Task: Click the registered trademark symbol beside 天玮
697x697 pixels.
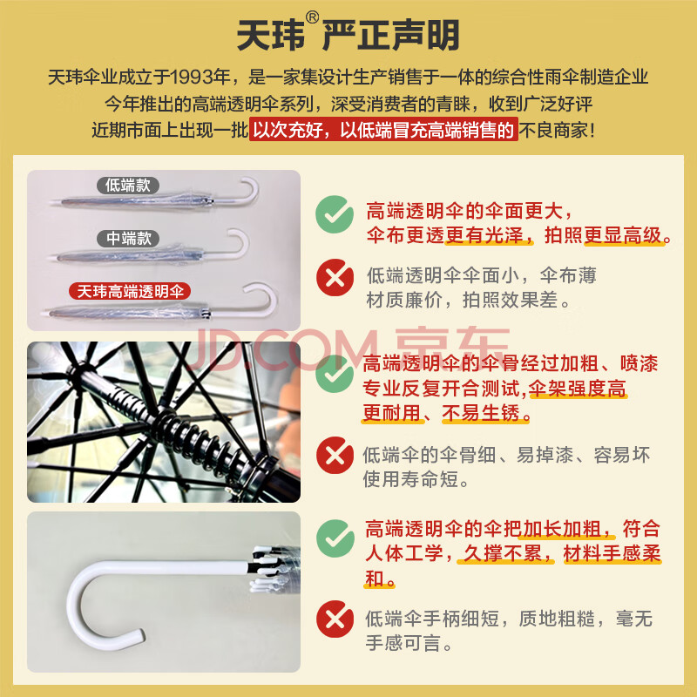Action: click(x=313, y=17)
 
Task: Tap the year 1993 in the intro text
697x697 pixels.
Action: click(x=193, y=78)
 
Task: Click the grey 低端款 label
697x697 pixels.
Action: click(x=128, y=186)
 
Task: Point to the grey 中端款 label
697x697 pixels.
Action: click(x=128, y=239)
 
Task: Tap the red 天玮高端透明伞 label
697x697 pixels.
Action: click(x=130, y=292)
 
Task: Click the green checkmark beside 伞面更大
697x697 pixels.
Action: click(x=335, y=214)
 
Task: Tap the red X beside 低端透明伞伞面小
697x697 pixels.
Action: click(x=335, y=278)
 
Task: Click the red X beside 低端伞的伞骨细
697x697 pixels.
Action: click(x=335, y=455)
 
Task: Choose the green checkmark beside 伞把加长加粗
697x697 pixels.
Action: click(x=335, y=538)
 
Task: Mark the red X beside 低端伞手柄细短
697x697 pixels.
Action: click(x=335, y=619)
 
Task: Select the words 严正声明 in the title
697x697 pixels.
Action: click(x=390, y=35)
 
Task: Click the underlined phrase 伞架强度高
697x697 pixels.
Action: click(x=578, y=389)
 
